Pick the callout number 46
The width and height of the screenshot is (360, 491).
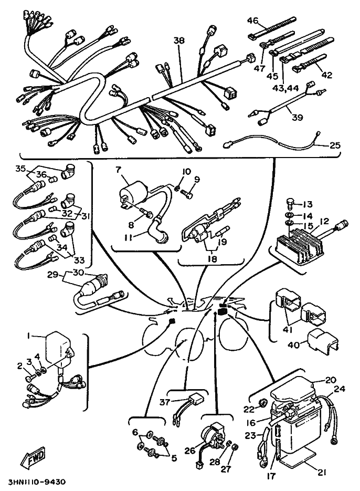253,21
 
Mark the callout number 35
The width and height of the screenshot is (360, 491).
20,169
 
